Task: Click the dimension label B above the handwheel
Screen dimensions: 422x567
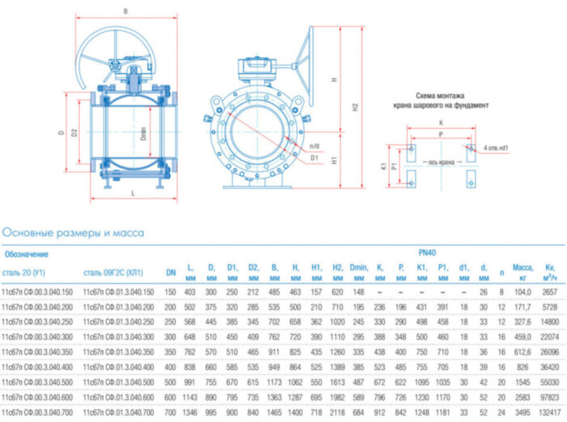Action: [125, 11]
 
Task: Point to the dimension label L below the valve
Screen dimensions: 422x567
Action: [132, 194]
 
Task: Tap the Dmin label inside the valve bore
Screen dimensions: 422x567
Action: [143, 134]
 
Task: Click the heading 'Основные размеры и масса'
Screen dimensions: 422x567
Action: [73, 232]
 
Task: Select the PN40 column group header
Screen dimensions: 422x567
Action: [427, 253]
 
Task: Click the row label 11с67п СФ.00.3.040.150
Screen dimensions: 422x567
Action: [37, 290]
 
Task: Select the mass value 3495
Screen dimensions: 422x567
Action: [521, 411]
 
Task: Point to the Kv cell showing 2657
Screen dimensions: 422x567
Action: [549, 290]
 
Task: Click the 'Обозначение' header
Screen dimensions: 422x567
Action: [27, 254]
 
